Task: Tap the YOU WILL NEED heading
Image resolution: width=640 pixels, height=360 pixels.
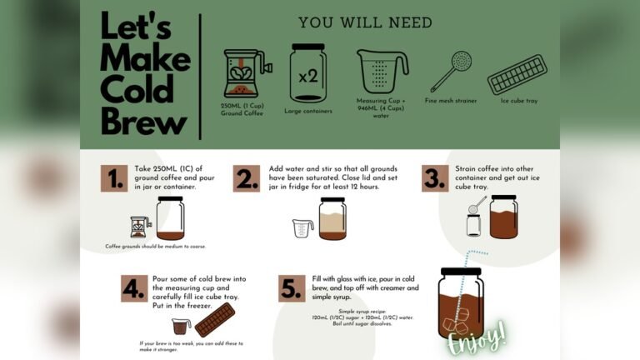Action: [365, 22]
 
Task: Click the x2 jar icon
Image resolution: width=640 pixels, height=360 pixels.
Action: [307, 74]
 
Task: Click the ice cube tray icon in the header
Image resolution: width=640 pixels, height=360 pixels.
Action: [516, 74]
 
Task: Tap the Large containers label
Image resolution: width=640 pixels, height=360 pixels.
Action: [308, 110]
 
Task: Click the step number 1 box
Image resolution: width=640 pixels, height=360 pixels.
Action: [114, 178]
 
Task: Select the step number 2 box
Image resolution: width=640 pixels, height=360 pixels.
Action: [247, 178]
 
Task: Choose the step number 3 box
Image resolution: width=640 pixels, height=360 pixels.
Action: [434, 178]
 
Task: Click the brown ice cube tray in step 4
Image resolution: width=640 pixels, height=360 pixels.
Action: [214, 320]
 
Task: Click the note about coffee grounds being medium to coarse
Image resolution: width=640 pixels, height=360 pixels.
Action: [155, 247]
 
